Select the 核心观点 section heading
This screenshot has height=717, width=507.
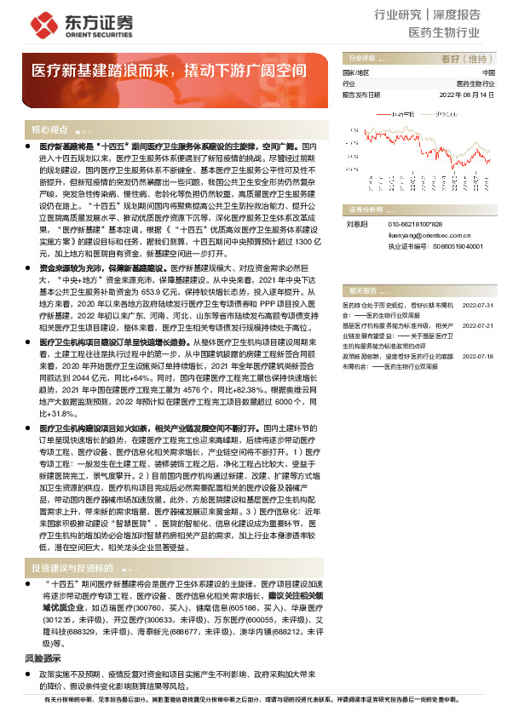tap(49, 130)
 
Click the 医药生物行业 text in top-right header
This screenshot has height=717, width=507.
tap(444, 32)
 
